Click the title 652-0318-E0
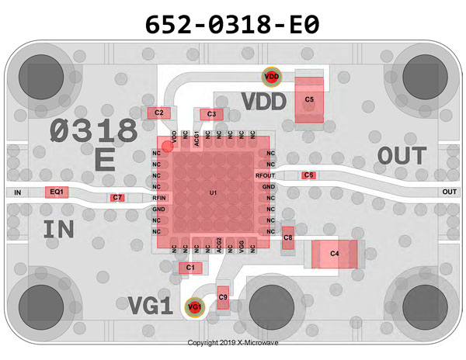[x=232, y=25]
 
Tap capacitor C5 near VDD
[x=309, y=100]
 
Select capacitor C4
[x=335, y=254]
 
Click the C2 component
[x=159, y=113]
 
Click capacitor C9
[x=223, y=296]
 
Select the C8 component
[x=288, y=238]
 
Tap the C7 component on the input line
[x=116, y=198]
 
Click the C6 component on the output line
[x=309, y=175]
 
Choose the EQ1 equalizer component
[x=57, y=192]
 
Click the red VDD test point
[x=271, y=77]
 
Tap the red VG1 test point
[x=194, y=307]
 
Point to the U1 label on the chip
[x=213, y=192]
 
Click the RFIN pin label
[x=158, y=198]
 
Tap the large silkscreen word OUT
[x=402, y=156]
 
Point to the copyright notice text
[x=232, y=342]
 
